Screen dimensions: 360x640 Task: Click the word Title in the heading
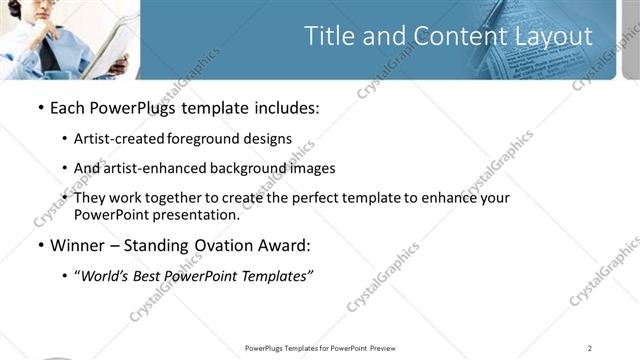point(329,37)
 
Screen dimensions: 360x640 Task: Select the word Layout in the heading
point(555,37)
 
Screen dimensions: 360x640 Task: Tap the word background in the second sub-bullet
point(248,168)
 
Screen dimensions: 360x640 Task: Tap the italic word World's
point(103,277)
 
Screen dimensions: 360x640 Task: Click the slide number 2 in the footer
point(590,348)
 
